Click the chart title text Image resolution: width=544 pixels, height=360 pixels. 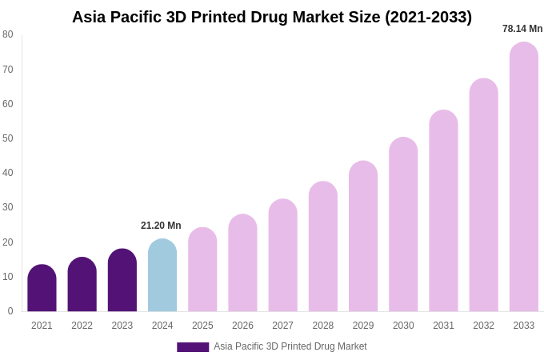pyautogui.click(x=272, y=17)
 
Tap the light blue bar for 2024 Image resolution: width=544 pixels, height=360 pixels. pyautogui.click(x=162, y=275)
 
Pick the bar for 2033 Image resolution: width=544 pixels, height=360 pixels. pyautogui.click(x=524, y=177)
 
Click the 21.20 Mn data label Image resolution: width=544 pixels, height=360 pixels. pyautogui.click(x=161, y=226)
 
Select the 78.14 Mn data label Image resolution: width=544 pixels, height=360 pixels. pyautogui.click(x=522, y=29)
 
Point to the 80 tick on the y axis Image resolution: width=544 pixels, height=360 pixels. pyautogui.click(x=8, y=34)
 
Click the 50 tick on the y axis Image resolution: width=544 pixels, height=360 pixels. pyautogui.click(x=8, y=138)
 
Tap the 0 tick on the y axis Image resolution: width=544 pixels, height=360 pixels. pyautogui.click(x=10, y=311)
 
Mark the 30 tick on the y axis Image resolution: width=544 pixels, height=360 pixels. pyautogui.click(x=8, y=207)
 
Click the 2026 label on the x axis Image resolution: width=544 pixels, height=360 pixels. pyautogui.click(x=242, y=326)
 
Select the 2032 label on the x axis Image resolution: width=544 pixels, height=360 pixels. pyautogui.click(x=483, y=326)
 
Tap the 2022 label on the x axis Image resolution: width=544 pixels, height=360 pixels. pyautogui.click(x=82, y=326)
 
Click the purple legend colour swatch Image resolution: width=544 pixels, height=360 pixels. pyautogui.click(x=193, y=347)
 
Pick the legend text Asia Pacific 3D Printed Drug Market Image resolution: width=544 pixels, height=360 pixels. pyautogui.click(x=290, y=346)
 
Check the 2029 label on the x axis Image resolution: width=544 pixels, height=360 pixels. pyautogui.click(x=363, y=326)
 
